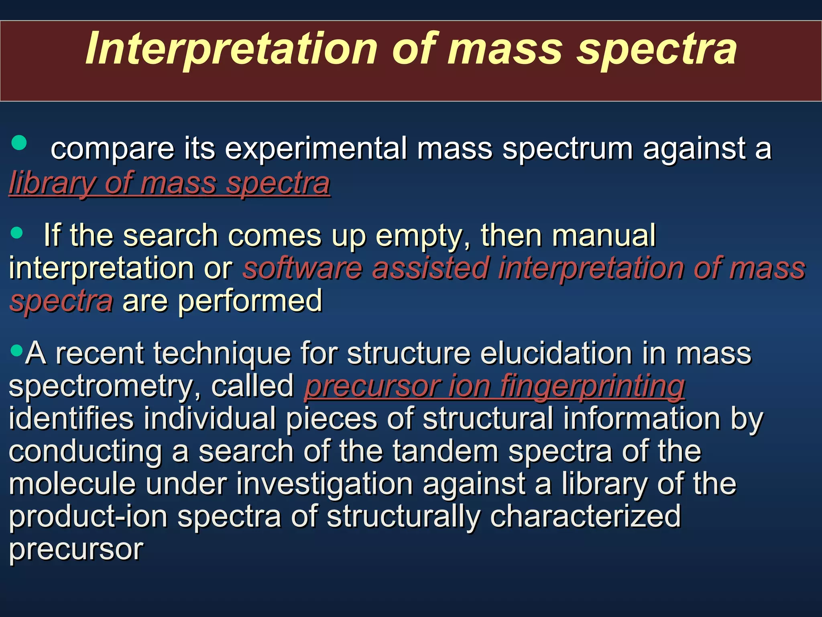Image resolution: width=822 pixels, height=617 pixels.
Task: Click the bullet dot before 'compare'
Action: [x=19, y=143]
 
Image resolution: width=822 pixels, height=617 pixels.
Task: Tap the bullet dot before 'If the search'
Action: [x=17, y=233]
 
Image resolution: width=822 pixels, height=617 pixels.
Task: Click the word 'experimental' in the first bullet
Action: [x=315, y=149]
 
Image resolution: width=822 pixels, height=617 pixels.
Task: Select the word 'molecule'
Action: [x=72, y=484]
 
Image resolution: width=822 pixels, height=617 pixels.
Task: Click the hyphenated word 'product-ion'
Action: [x=88, y=517]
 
